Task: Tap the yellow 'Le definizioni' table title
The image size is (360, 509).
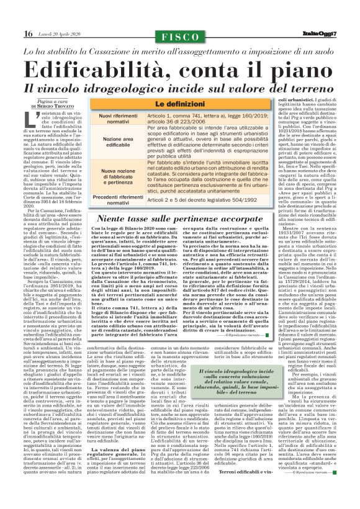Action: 179,104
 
